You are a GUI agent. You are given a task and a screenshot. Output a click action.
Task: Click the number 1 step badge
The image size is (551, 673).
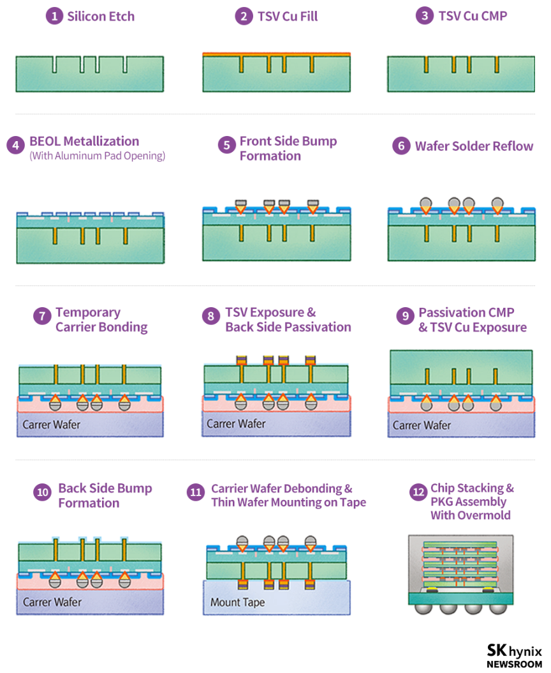click(54, 17)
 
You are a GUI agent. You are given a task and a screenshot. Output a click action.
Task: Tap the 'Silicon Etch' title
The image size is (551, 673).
click(101, 17)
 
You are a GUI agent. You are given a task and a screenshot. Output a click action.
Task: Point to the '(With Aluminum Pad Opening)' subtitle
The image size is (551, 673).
click(97, 156)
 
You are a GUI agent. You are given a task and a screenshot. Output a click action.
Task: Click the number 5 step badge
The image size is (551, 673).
click(226, 145)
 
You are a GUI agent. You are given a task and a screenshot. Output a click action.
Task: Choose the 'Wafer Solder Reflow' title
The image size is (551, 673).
click(474, 146)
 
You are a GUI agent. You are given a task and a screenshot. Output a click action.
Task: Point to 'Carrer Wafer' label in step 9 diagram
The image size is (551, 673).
click(422, 425)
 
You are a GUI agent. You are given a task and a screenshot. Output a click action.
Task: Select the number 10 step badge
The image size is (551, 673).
click(43, 492)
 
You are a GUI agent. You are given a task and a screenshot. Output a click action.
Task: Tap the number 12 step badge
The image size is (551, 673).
click(419, 492)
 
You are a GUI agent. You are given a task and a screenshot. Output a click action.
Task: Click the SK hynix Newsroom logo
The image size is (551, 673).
click(514, 655)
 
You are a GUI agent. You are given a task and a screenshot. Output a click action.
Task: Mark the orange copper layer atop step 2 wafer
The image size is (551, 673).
click(276, 54)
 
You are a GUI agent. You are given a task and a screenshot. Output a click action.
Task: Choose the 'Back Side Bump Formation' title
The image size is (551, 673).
click(105, 495)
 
